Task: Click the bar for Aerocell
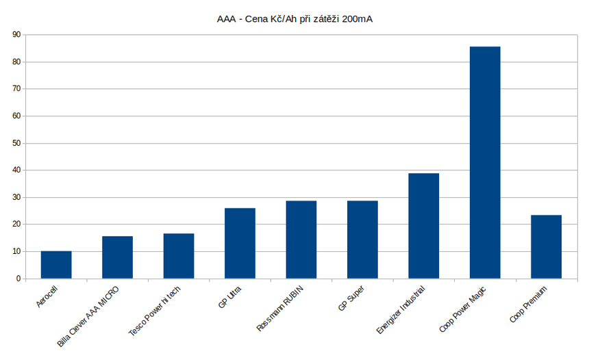(x=56, y=265)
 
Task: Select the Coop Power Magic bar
(x=485, y=162)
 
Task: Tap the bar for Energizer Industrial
(x=423, y=226)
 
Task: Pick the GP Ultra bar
(x=240, y=243)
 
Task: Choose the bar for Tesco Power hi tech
(x=179, y=256)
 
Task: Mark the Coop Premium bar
(x=546, y=246)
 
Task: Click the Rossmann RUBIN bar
(x=301, y=240)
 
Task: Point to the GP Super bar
(x=362, y=240)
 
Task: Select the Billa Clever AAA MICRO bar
(x=117, y=257)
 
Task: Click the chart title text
(x=294, y=18)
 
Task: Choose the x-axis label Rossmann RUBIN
(x=280, y=308)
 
